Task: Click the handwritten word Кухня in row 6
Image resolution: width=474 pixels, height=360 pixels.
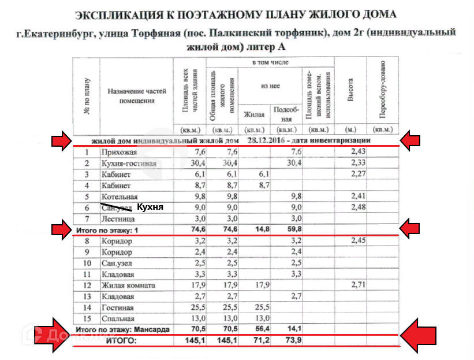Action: click(151, 207)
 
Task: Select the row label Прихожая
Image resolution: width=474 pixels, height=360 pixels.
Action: click(118, 152)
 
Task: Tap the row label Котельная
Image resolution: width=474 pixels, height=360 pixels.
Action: click(119, 196)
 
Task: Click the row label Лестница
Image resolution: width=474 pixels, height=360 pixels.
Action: click(118, 219)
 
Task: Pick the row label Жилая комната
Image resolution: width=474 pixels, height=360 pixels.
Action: click(128, 285)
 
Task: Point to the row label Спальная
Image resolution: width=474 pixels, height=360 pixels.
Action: click(118, 319)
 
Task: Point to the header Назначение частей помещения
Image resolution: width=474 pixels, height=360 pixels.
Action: click(137, 96)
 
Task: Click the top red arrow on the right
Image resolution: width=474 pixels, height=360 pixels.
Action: click(415, 140)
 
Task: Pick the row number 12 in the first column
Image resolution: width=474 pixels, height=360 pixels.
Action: click(86, 285)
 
